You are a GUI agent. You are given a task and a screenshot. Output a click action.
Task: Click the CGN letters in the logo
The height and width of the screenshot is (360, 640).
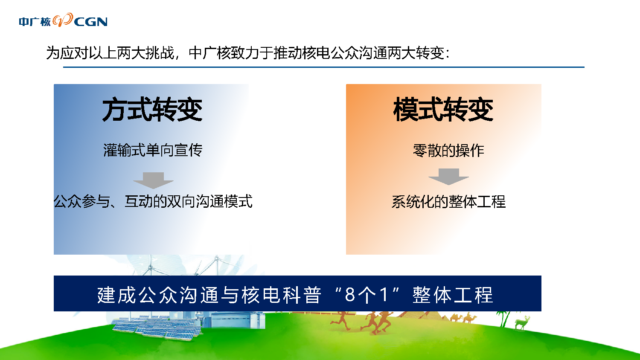90,22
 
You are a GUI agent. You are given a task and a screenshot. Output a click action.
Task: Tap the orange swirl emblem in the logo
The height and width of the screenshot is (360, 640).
63,20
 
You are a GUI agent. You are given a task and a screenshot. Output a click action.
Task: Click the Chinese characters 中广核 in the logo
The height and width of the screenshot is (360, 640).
35,22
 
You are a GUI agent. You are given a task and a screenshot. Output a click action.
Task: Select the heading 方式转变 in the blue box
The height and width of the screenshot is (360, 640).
152,109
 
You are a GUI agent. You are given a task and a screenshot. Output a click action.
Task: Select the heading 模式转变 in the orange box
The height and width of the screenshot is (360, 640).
443,109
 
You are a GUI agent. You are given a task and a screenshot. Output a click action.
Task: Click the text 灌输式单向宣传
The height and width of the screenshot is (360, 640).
153,150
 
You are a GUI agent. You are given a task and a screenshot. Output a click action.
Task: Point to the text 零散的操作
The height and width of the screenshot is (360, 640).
448,150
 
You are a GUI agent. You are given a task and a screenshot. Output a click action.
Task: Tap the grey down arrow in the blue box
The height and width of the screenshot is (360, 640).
154,180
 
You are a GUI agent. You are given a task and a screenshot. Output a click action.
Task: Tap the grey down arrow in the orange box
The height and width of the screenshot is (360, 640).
448,177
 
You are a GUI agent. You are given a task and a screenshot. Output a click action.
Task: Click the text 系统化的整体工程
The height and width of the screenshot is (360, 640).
448,201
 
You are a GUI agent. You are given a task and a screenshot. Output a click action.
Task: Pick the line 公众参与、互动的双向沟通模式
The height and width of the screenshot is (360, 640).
153,201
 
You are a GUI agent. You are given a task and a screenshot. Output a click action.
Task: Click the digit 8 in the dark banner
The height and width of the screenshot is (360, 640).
350,295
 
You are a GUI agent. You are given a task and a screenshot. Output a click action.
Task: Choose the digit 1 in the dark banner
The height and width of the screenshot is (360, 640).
384,295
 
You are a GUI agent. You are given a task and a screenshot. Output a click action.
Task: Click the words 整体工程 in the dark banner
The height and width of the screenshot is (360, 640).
453,295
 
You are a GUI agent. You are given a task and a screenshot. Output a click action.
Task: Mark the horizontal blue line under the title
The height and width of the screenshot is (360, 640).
324,67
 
